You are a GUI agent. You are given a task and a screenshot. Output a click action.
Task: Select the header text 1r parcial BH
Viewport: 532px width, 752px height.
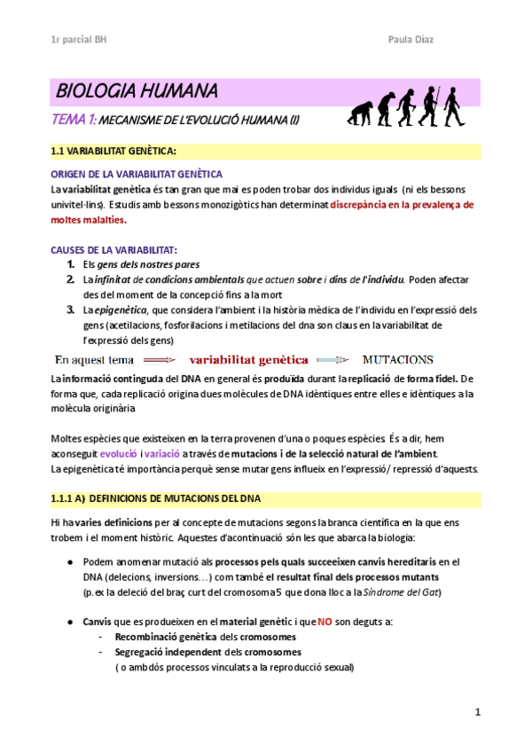click(78, 41)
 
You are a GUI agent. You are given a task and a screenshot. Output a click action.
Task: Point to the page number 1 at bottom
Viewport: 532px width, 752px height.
click(477, 711)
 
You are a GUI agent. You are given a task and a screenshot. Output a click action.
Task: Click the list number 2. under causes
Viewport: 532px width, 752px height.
click(71, 279)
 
